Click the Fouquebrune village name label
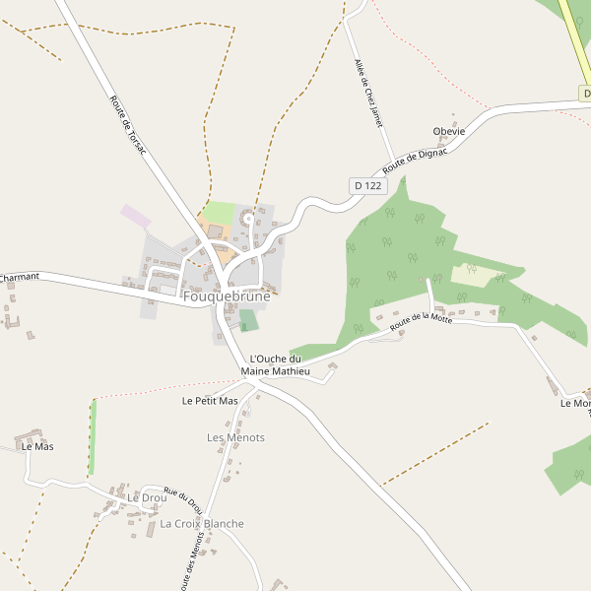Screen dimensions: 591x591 pyautogui.click(x=227, y=295)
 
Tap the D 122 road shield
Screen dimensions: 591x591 pyautogui.click(x=366, y=185)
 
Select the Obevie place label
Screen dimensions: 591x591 pyautogui.click(x=448, y=132)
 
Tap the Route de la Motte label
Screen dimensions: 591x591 pyautogui.click(x=421, y=320)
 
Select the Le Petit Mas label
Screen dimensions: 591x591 pyautogui.click(x=211, y=401)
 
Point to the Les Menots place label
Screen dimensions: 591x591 pyautogui.click(x=235, y=437)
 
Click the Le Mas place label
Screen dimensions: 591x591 pyautogui.click(x=37, y=446)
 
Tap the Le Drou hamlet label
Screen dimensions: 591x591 pyautogui.click(x=147, y=498)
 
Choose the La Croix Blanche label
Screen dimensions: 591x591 pyautogui.click(x=202, y=524)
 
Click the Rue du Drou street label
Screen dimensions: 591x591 pyautogui.click(x=183, y=501)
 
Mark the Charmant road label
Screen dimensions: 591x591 pyautogui.click(x=19, y=278)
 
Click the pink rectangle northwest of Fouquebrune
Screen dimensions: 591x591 pyautogui.click(x=136, y=217)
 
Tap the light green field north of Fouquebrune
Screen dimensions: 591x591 pyautogui.click(x=220, y=213)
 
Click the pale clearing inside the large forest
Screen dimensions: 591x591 pyautogui.click(x=473, y=275)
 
